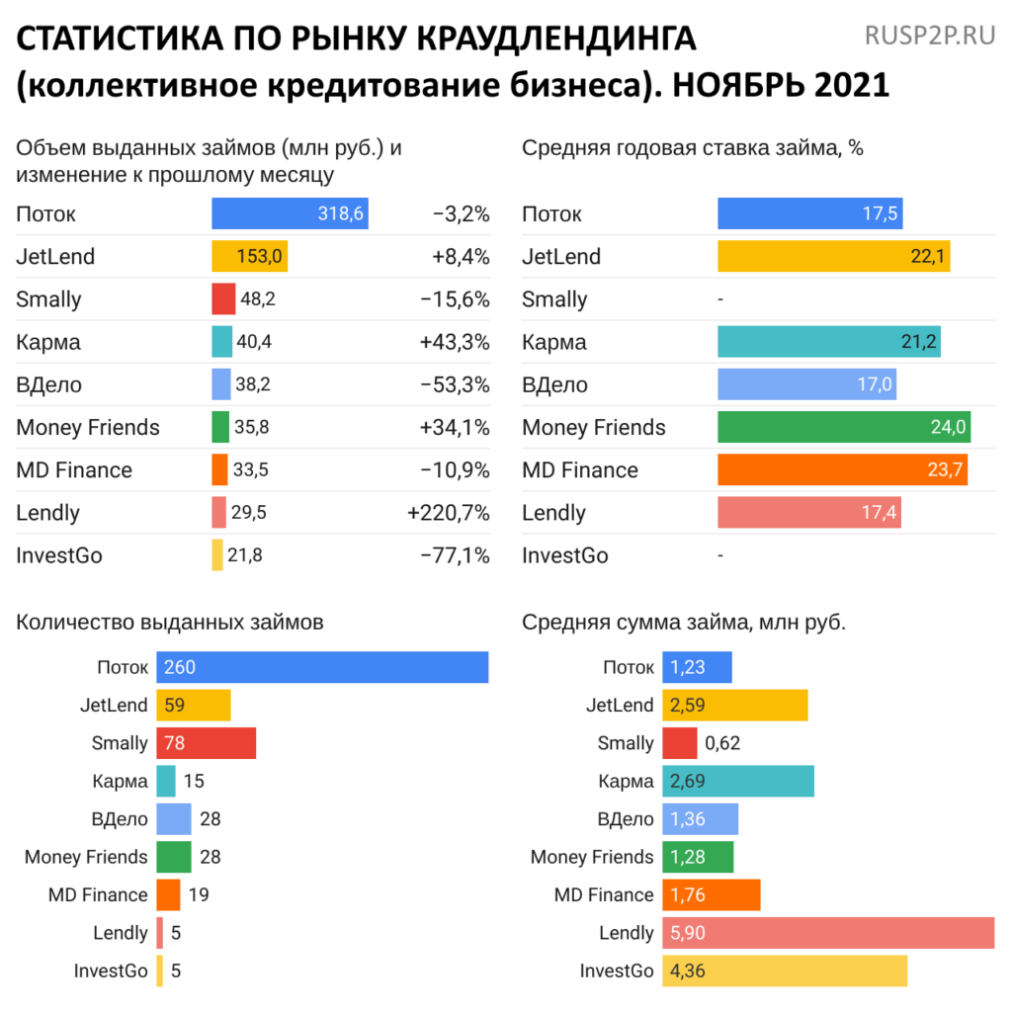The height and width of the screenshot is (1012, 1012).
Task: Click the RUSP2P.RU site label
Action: tap(929, 37)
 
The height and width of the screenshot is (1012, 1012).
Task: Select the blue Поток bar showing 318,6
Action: tap(290, 213)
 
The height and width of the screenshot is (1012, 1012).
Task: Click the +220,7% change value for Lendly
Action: tap(448, 512)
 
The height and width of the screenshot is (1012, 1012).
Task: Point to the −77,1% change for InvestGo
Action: tap(455, 554)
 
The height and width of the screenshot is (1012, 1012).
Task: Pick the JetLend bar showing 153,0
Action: tap(249, 256)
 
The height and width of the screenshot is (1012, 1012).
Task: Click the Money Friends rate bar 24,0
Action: tap(843, 427)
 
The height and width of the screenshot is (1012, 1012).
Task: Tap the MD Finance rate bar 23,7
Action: tap(842, 469)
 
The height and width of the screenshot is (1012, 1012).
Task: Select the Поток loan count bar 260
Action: tap(322, 667)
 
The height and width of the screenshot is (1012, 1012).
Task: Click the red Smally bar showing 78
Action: tap(206, 743)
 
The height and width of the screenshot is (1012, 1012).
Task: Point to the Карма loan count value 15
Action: tap(194, 781)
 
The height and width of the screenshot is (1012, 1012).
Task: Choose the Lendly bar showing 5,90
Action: tap(827, 933)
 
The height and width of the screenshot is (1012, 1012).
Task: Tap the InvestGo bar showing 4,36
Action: tap(784, 970)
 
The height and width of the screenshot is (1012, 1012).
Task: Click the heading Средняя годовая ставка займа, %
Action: tap(692, 148)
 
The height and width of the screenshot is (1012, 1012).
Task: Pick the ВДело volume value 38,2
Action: tap(255, 384)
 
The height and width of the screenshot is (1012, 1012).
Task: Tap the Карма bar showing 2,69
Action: tap(737, 781)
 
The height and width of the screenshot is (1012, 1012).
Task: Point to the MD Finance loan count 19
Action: tap(198, 894)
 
